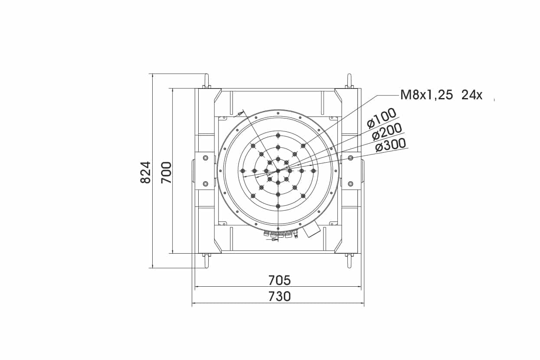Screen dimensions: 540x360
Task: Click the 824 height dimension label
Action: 146,172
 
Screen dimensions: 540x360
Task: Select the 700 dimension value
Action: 166,172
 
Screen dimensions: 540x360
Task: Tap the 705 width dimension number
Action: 280,281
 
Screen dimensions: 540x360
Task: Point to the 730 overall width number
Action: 280,297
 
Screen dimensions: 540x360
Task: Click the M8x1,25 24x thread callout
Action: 441,95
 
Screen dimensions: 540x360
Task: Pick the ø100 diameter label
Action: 382,118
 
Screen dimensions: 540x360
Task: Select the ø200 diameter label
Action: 387,132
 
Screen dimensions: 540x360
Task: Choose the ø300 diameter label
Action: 391,145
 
